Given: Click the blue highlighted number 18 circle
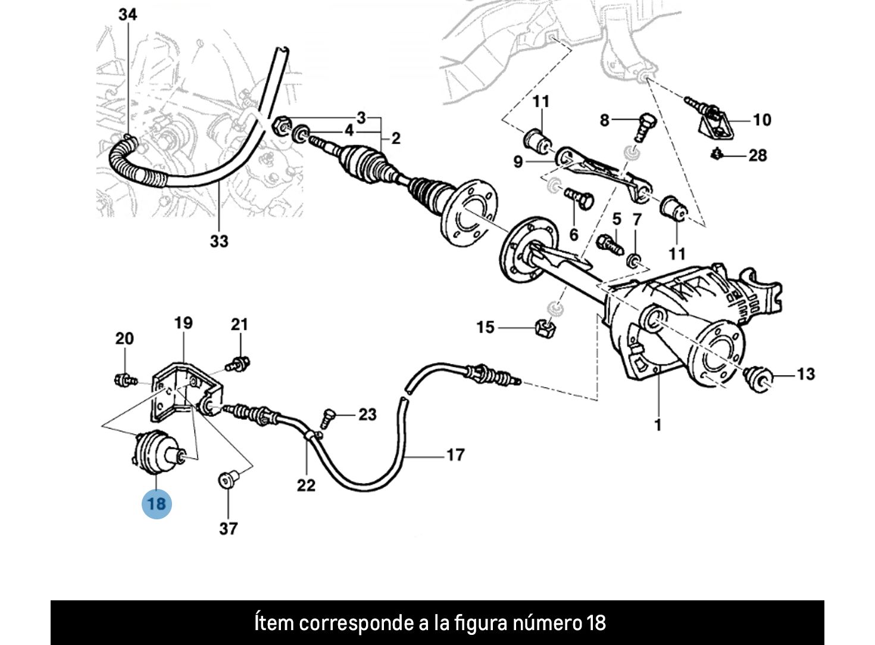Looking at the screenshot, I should tap(156, 504).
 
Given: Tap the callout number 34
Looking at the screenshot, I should tap(127, 15).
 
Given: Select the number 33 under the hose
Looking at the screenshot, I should tap(218, 241).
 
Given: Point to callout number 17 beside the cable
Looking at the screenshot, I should tap(455, 455).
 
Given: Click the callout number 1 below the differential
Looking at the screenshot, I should tap(658, 425).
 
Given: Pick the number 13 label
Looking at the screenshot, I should tap(805, 374).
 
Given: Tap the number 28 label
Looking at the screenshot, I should tap(757, 155).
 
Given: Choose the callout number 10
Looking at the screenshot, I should tap(762, 120).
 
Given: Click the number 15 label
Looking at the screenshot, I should tap(485, 327).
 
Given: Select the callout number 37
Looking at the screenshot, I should tap(229, 528).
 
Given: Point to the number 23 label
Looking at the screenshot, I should tap(367, 414).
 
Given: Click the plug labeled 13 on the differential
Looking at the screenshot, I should tap(760, 379).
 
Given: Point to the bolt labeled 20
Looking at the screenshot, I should tap(124, 378).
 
